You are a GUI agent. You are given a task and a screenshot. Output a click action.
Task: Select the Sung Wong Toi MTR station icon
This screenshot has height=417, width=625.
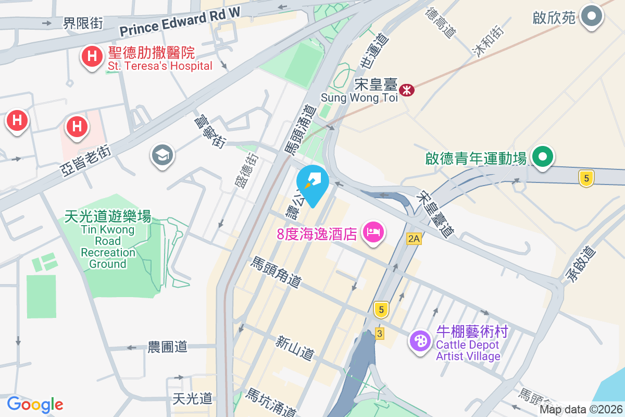click(x=407, y=90)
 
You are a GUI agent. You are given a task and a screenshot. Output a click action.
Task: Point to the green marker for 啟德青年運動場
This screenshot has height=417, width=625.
click(x=542, y=157)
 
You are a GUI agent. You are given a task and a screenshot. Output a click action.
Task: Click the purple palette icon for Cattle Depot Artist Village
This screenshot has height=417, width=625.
click(x=420, y=341)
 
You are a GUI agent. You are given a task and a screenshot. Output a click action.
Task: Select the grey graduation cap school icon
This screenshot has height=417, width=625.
click(x=162, y=155)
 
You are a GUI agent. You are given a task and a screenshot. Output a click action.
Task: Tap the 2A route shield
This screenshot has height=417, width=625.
click(x=414, y=239)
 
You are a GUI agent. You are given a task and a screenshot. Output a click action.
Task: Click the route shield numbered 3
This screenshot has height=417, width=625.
click(x=380, y=333)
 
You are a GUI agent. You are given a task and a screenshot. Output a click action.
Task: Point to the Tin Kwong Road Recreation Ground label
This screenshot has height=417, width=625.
click(x=108, y=240)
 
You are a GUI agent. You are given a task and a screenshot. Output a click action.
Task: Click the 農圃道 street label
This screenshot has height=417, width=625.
click(x=167, y=347)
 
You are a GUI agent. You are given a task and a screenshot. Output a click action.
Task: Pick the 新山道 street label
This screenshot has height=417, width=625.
click(x=295, y=348)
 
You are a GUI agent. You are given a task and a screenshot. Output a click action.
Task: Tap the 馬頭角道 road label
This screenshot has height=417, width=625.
click(x=277, y=272)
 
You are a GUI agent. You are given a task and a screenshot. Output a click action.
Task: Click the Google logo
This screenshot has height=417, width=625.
click(x=35, y=404)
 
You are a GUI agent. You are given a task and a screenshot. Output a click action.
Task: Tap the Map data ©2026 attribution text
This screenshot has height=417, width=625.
click(x=581, y=410)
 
